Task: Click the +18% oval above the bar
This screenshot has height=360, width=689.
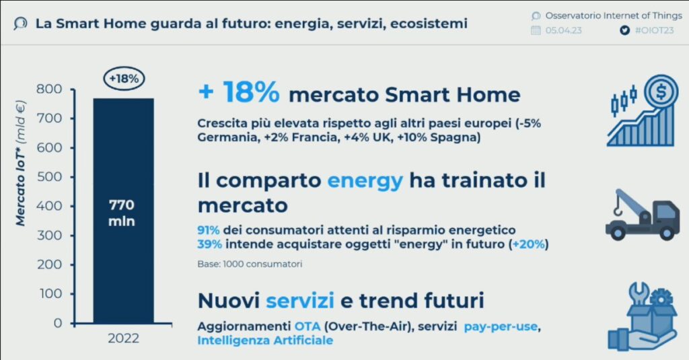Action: (124, 79)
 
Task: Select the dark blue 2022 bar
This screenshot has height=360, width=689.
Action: (124, 211)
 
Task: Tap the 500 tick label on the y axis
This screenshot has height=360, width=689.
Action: (49, 177)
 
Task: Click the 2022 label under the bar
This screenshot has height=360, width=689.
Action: (124, 338)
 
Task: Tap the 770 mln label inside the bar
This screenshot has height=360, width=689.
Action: (122, 213)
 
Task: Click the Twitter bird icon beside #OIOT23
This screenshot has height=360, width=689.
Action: (624, 30)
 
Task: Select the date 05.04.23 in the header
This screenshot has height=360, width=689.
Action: (564, 30)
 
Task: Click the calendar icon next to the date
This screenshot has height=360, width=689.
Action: (536, 30)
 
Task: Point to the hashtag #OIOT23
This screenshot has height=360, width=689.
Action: (654, 30)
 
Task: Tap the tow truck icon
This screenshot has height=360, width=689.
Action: (643, 215)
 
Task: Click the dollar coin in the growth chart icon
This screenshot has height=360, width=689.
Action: (661, 92)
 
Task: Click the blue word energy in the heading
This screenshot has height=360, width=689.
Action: (365, 181)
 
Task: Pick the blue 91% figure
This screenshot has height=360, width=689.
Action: (209, 230)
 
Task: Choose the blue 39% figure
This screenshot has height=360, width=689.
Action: (210, 244)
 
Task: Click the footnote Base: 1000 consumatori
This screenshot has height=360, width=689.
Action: (250, 264)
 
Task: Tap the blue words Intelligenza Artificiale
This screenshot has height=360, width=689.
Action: (265, 340)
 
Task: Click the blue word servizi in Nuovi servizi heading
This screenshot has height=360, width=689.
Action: (299, 301)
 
